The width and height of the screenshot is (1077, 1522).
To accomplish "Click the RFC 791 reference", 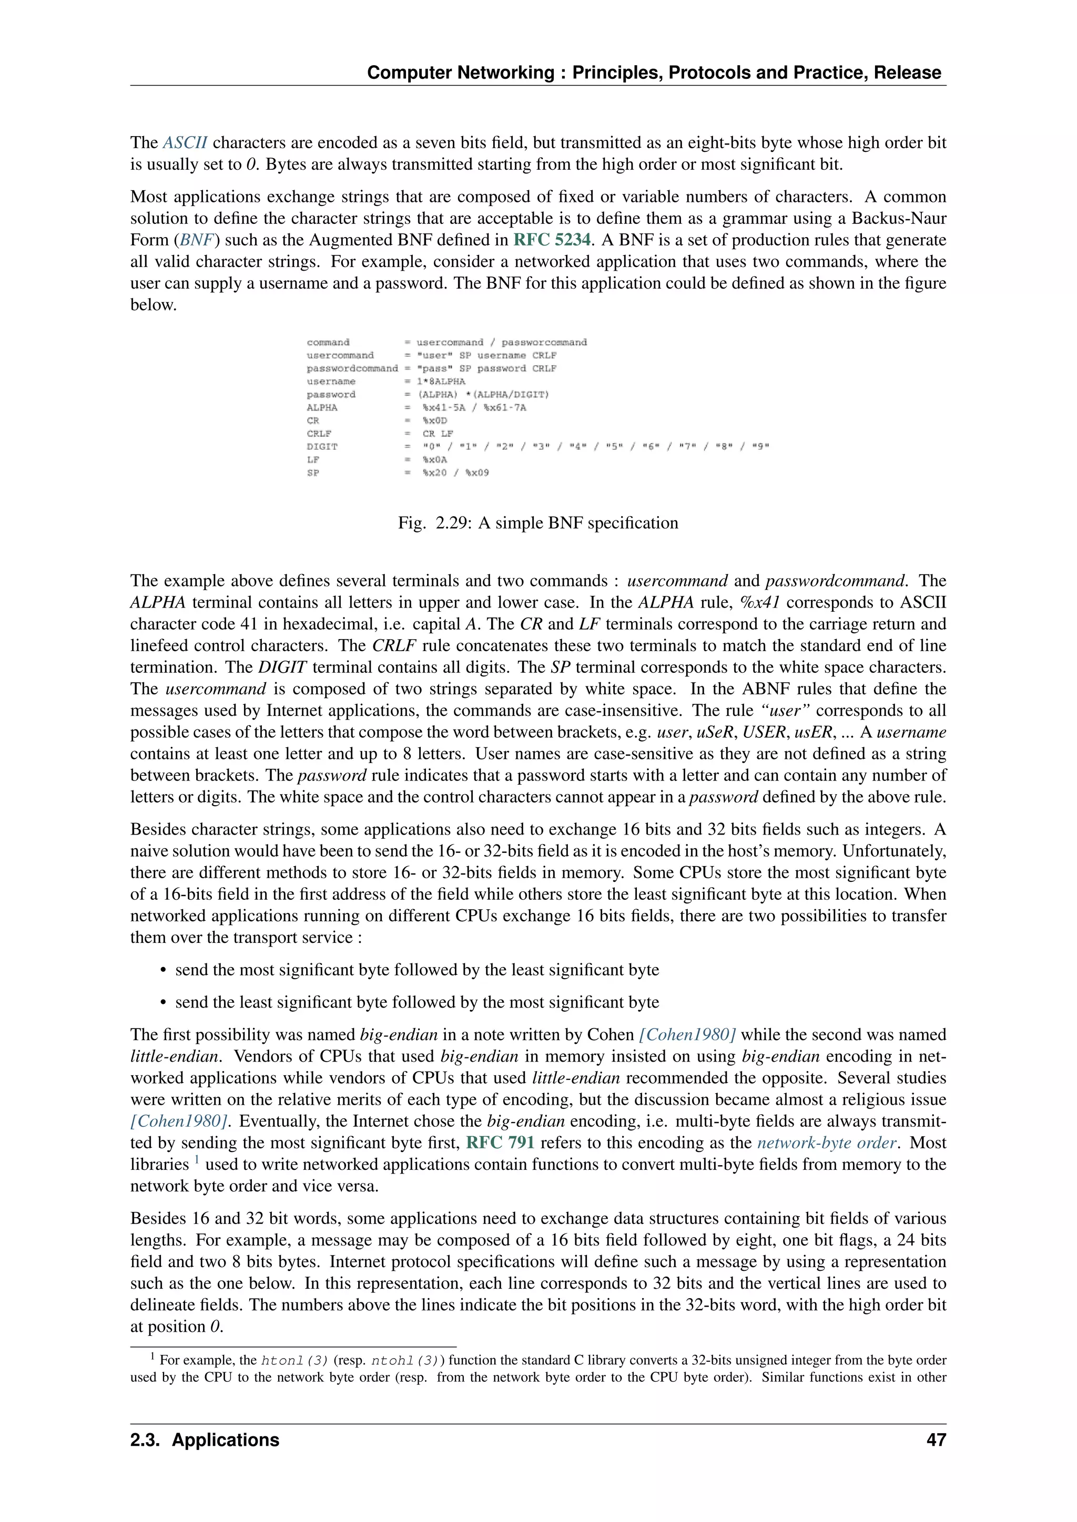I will click(500, 1143).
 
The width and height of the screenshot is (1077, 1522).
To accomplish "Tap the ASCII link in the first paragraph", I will click(185, 142).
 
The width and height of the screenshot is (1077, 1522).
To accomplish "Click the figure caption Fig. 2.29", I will click(538, 523).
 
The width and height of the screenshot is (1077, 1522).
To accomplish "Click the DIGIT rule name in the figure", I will click(322, 447).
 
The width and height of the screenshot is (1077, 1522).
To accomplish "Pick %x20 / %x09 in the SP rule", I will click(455, 472).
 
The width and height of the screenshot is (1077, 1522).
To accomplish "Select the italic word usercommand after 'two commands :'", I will click(677, 581).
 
